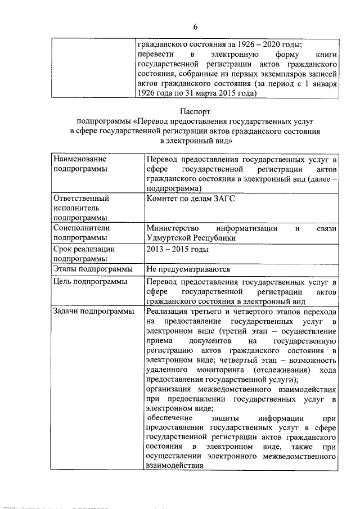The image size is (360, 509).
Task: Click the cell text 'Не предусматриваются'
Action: click(x=188, y=269)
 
